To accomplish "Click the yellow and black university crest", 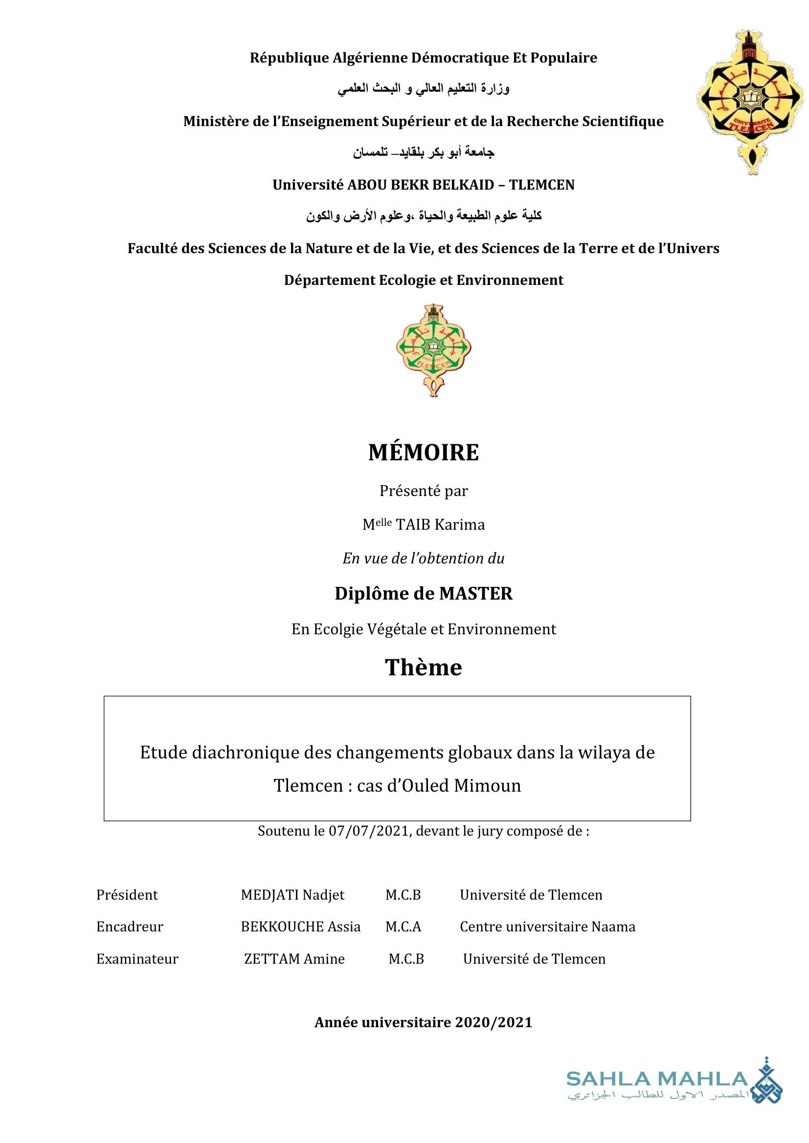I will [x=749, y=102].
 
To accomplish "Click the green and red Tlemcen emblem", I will [x=433, y=349].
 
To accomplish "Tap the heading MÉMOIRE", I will [x=424, y=453].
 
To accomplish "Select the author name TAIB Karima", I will [x=440, y=525].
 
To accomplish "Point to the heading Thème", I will [x=424, y=667].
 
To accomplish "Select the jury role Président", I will [x=127, y=895].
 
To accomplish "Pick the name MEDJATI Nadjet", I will [x=292, y=895].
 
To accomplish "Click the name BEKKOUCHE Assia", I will [x=300, y=927].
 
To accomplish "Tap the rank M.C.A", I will [x=403, y=927].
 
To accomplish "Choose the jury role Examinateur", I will [x=137, y=959].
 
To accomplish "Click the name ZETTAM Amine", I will [x=294, y=959].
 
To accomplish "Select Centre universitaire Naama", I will [x=547, y=927].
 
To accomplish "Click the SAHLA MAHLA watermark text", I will [x=656, y=1079].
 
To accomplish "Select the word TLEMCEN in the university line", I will [x=541, y=185].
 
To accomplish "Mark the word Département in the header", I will [x=329, y=280].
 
